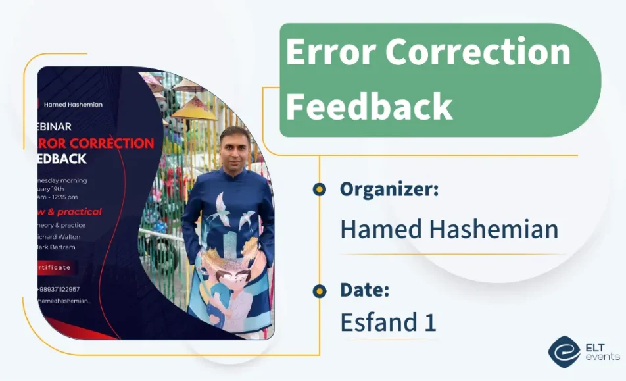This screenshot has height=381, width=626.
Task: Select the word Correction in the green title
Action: (x=478, y=53)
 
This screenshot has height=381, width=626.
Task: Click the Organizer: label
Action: (x=389, y=190)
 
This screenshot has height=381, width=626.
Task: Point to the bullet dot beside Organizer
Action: (x=320, y=190)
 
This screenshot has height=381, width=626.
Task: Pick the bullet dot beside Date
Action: (x=320, y=290)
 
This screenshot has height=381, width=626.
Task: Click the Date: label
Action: (x=365, y=290)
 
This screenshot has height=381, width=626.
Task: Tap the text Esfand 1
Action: (x=388, y=322)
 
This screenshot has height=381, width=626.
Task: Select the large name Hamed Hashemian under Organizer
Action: (x=449, y=229)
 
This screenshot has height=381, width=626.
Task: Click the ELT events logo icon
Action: (x=564, y=352)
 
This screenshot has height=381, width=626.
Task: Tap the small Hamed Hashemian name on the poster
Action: (x=73, y=104)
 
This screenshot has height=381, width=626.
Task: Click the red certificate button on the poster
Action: (x=57, y=267)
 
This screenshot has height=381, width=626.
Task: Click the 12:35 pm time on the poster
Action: (x=64, y=197)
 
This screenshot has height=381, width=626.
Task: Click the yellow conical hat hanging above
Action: (x=193, y=108)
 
